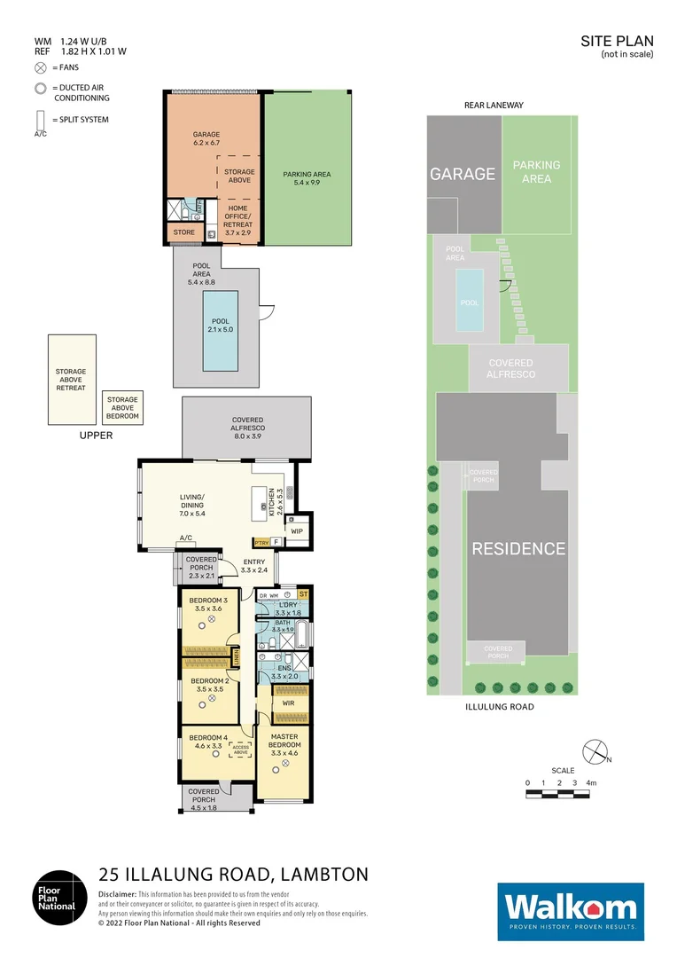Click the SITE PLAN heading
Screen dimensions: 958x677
[x=617, y=41]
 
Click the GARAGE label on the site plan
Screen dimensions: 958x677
[x=463, y=174]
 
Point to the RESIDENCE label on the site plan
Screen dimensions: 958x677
[x=517, y=548]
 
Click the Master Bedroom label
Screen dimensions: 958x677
[x=285, y=749]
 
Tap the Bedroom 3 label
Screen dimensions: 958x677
[x=208, y=605]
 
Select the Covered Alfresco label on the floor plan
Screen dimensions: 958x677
[x=247, y=424]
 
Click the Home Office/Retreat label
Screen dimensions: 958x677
[x=238, y=216]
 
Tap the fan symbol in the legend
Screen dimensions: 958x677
[x=40, y=67]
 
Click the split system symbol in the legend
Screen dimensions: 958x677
[x=40, y=120]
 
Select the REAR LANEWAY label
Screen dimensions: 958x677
[x=494, y=105]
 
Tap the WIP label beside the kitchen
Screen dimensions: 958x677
[x=297, y=531]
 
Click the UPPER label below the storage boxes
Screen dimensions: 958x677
[x=96, y=436]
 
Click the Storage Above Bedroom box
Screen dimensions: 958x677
[x=122, y=408]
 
